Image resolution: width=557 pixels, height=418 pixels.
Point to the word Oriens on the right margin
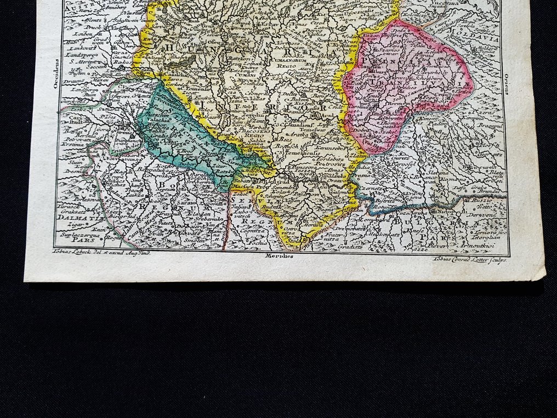click(x=507, y=82)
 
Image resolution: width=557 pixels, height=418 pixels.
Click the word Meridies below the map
click(x=278, y=256)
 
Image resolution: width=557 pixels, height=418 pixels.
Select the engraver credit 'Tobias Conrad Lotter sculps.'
click(x=470, y=259)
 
